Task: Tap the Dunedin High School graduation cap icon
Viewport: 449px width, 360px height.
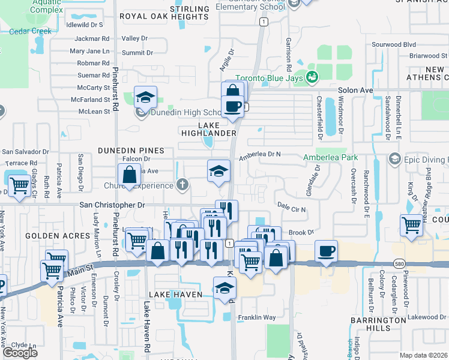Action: pyautogui.click(x=145, y=96)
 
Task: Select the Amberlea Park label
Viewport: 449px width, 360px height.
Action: pyautogui.click(x=330, y=157)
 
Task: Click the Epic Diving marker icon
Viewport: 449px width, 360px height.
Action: pyautogui.click(x=395, y=159)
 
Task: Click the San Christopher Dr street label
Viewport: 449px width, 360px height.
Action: pyautogui.click(x=113, y=205)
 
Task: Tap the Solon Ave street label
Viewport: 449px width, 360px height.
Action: pyautogui.click(x=355, y=90)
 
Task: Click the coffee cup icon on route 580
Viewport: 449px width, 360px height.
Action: pyautogui.click(x=326, y=251)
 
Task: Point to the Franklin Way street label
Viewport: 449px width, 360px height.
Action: pyautogui.click(x=256, y=317)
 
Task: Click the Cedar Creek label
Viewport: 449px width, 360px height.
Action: pyautogui.click(x=30, y=31)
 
